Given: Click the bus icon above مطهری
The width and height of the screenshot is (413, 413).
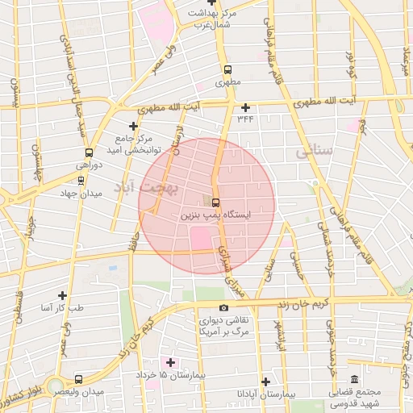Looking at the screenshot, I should (227, 69).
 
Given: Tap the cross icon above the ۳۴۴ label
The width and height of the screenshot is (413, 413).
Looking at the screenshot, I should (245, 107).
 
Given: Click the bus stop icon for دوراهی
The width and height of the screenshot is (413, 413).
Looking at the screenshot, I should (88, 152).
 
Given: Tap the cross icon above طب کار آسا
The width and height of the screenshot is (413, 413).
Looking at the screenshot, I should (62, 295).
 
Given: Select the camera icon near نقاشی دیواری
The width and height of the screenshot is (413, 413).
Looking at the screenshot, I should (223, 307).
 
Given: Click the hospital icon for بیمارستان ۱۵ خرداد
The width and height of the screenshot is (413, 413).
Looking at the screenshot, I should (169, 362).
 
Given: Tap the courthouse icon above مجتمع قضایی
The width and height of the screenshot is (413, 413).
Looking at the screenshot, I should (354, 380).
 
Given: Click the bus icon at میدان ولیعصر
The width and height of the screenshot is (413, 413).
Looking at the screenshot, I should (78, 379).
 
